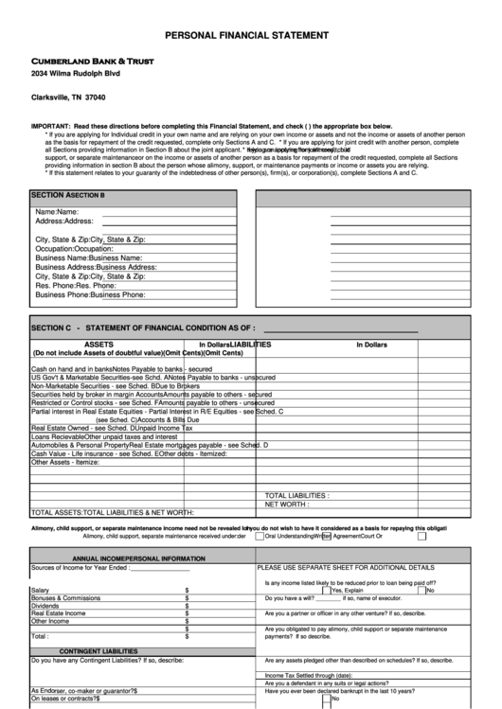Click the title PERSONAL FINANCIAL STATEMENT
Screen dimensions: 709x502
[x=247, y=34]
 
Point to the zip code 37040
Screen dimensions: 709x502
[x=96, y=97]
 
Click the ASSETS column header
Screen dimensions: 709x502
[x=99, y=345]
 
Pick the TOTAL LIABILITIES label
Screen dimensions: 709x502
[x=297, y=495]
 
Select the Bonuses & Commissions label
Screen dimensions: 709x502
[x=65, y=598]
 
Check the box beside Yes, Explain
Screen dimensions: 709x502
[x=326, y=590]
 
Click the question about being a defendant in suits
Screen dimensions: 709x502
[x=327, y=683]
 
